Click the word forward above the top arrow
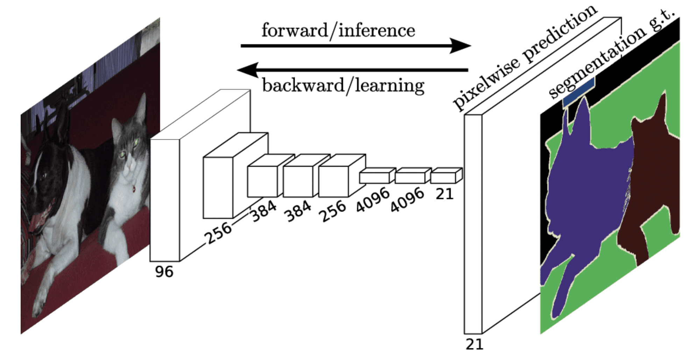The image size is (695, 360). pyautogui.click(x=294, y=30)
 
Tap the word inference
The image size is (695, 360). pyautogui.click(x=377, y=30)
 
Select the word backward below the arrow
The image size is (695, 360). pyautogui.click(x=303, y=85)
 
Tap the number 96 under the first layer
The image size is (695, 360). pyautogui.click(x=164, y=272)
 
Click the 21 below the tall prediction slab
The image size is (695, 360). pyautogui.click(x=474, y=345)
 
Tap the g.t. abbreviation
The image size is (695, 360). pyautogui.click(x=661, y=19)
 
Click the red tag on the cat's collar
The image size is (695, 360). pyautogui.click(x=134, y=189)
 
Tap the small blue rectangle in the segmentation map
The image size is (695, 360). pyautogui.click(x=579, y=92)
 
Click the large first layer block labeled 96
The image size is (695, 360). pyautogui.click(x=165, y=200)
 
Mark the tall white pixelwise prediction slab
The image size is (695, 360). pyautogui.click(x=473, y=224)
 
